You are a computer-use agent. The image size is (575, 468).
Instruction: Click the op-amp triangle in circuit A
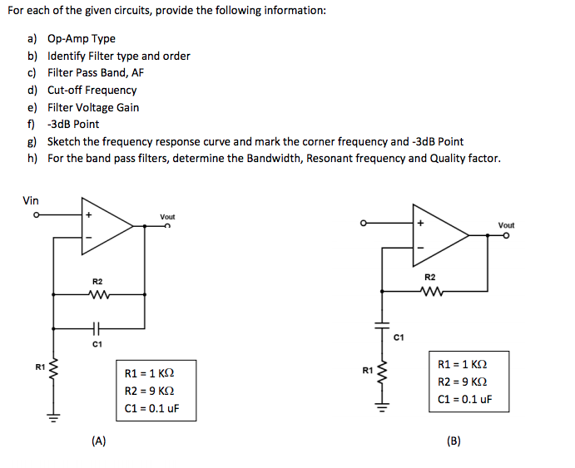103,226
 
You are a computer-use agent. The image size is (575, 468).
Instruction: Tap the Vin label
31,200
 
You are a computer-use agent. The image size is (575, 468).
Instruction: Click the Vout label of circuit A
167,217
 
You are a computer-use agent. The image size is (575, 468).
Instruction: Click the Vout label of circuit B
506,225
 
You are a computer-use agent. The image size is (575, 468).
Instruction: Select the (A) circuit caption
98,441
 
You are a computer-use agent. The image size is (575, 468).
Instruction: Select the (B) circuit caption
454,441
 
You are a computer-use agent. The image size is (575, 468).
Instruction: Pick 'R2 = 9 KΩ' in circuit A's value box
149,391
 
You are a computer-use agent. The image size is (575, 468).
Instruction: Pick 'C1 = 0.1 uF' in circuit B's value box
464,399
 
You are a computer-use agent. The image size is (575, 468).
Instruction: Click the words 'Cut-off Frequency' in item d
92,90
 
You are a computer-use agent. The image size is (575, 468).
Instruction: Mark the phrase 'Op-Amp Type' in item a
82,38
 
